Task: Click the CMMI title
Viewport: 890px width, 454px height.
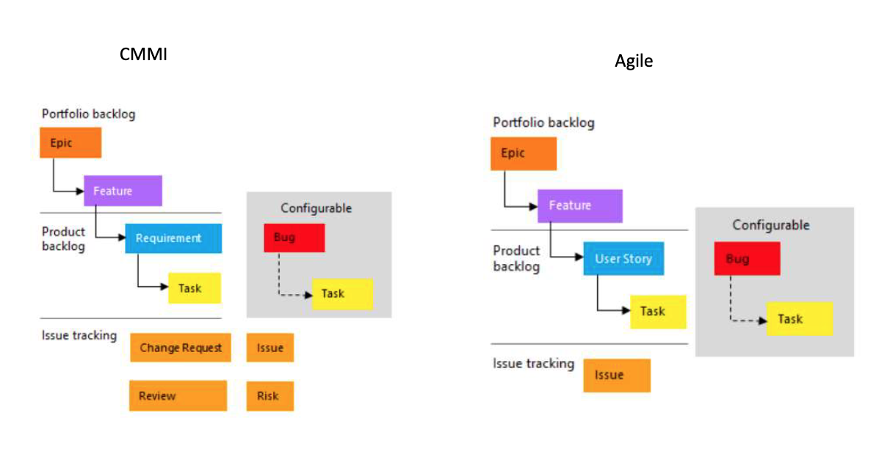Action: pyautogui.click(x=143, y=54)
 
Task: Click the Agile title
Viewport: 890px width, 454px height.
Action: pyautogui.click(x=634, y=61)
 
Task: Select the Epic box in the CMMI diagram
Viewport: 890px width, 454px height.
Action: pyautogui.click(x=70, y=142)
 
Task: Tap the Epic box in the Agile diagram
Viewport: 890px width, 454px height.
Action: pyautogui.click(x=524, y=153)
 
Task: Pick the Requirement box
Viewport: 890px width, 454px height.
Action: pyautogui.click(x=173, y=238)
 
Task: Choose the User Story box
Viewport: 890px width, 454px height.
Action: pyautogui.click(x=623, y=258)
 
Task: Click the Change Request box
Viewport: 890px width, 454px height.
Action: pyautogui.click(x=181, y=348)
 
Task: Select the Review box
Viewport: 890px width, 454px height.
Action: pyautogui.click(x=178, y=395)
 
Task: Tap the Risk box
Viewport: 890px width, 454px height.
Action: pyautogui.click(x=270, y=396)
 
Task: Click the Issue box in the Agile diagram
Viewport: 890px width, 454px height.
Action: pyautogui.click(x=617, y=376)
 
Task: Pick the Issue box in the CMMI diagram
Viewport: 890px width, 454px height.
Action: pyautogui.click(x=270, y=348)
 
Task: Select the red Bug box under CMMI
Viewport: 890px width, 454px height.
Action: pyautogui.click(x=294, y=238)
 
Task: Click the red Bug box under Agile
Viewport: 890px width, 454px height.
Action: pyautogui.click(x=747, y=258)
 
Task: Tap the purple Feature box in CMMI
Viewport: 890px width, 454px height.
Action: pyautogui.click(x=123, y=191)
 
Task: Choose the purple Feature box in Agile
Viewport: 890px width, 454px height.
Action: pyautogui.click(x=580, y=206)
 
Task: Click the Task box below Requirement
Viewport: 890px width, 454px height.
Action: pyautogui.click(x=195, y=288)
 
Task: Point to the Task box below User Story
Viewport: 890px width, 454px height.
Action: pyautogui.click(x=659, y=312)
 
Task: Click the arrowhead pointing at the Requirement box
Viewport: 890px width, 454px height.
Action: pyautogui.click(x=122, y=238)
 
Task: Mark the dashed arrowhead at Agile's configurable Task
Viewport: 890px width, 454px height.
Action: pyautogui.click(x=763, y=321)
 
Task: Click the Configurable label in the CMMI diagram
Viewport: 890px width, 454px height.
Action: pyautogui.click(x=316, y=208)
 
